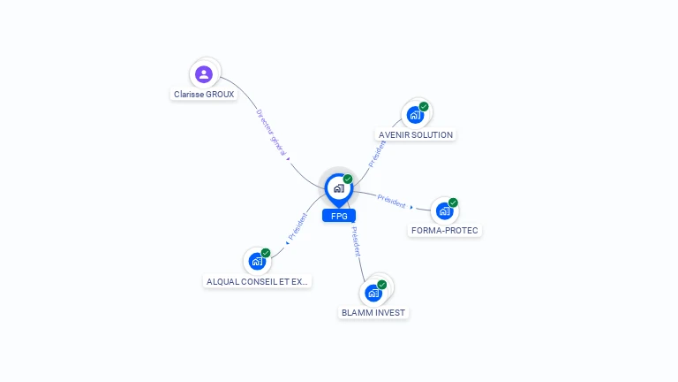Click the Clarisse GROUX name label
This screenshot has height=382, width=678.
click(x=204, y=94)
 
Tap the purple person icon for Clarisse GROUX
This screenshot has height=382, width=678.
click(x=204, y=74)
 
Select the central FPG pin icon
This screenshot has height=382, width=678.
click(x=338, y=187)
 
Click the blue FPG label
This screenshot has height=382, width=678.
click(x=338, y=216)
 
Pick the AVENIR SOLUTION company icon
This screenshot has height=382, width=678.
click(x=415, y=115)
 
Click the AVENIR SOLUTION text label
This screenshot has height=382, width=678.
click(x=415, y=135)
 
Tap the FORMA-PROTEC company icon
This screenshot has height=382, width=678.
click(x=444, y=210)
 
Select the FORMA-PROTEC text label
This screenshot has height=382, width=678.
click(x=446, y=231)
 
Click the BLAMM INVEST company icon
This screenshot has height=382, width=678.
click(x=374, y=293)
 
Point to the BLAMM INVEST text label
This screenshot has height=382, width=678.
click(x=374, y=313)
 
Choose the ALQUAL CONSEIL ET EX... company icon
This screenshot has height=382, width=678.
click(x=257, y=261)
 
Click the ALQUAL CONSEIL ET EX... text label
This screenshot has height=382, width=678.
click(x=258, y=281)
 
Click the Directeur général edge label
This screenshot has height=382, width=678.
click(x=271, y=134)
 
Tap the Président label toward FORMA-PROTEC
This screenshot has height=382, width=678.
click(x=392, y=201)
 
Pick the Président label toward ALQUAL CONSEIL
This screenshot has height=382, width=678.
click(x=298, y=226)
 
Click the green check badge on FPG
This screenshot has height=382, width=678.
click(x=348, y=179)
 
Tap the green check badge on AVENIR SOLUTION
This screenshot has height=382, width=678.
click(x=424, y=107)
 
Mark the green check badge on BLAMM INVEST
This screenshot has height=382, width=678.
click(x=382, y=285)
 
